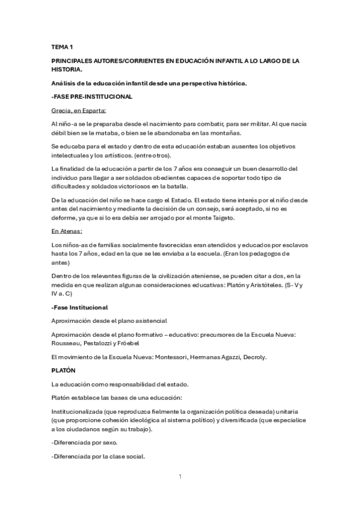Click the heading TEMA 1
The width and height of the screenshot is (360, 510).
tap(61, 47)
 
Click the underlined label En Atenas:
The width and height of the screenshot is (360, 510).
tap(67, 230)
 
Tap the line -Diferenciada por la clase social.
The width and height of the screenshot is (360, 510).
tap(98, 456)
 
